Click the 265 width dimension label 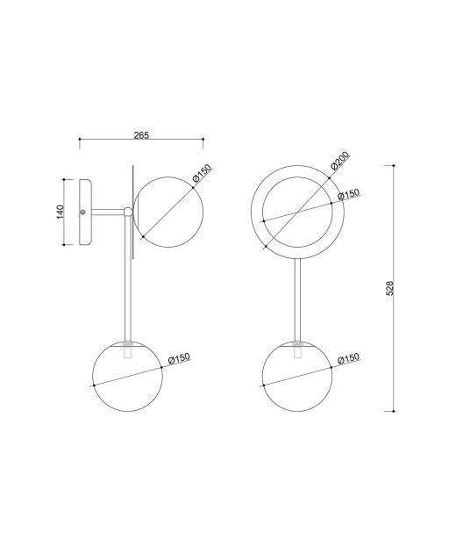tap(141, 135)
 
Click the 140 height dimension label tap(60, 212)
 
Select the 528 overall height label tap(390, 288)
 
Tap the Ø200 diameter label tap(340, 160)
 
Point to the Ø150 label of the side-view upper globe tap(203, 173)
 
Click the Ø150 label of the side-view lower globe tap(179, 358)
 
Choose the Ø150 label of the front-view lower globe tap(349, 358)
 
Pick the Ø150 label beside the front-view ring tap(349, 194)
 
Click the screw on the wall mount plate tap(82, 212)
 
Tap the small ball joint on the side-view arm tap(128, 212)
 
